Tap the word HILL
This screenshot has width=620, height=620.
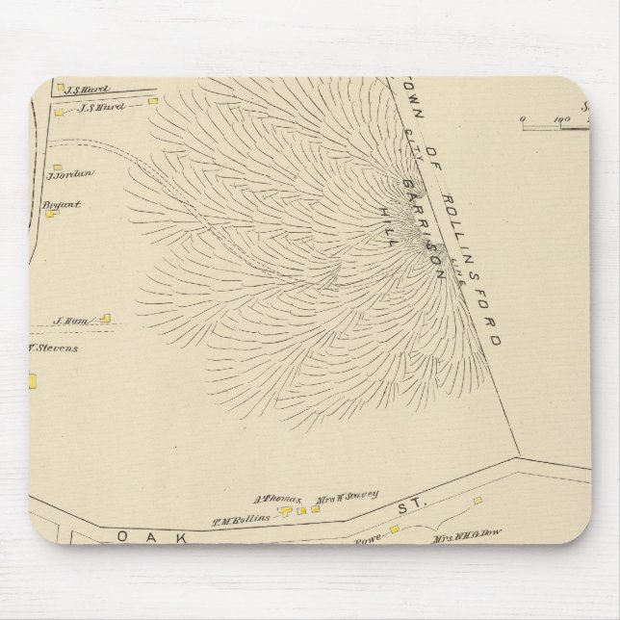389,222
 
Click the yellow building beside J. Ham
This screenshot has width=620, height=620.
106,318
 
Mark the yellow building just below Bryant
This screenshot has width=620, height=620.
51,215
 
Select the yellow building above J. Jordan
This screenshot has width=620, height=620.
57,166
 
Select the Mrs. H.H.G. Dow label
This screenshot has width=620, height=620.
465,539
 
